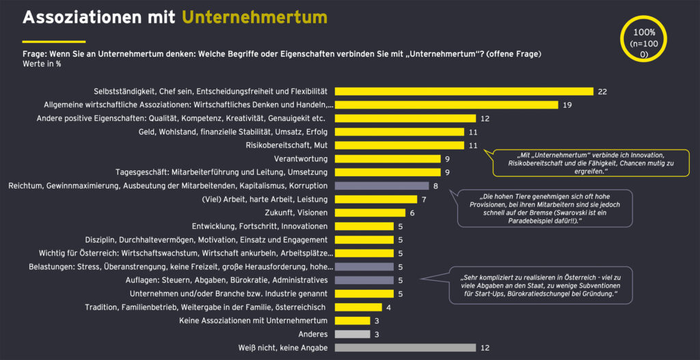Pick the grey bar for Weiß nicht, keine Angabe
(x=406, y=348)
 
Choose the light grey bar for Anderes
(x=353, y=334)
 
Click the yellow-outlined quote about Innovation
(x=591, y=163)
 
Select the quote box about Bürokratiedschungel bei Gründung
(x=539, y=286)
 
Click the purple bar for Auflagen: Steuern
(x=365, y=280)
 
